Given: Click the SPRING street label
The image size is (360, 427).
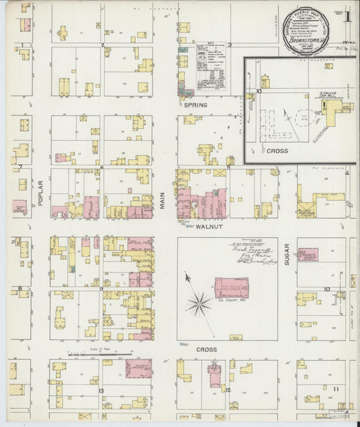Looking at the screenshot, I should (195, 105).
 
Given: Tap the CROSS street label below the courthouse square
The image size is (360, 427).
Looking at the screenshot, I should (206, 349).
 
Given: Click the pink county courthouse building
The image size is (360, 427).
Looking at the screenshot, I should (232, 288).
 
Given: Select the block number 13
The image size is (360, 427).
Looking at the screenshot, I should (100, 391).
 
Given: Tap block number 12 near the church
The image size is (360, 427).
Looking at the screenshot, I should (228, 390).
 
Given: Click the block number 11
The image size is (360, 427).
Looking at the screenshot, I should (335, 388).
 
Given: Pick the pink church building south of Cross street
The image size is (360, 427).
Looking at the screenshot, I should (215, 374).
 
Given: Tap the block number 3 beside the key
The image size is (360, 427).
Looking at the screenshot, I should (230, 45).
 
